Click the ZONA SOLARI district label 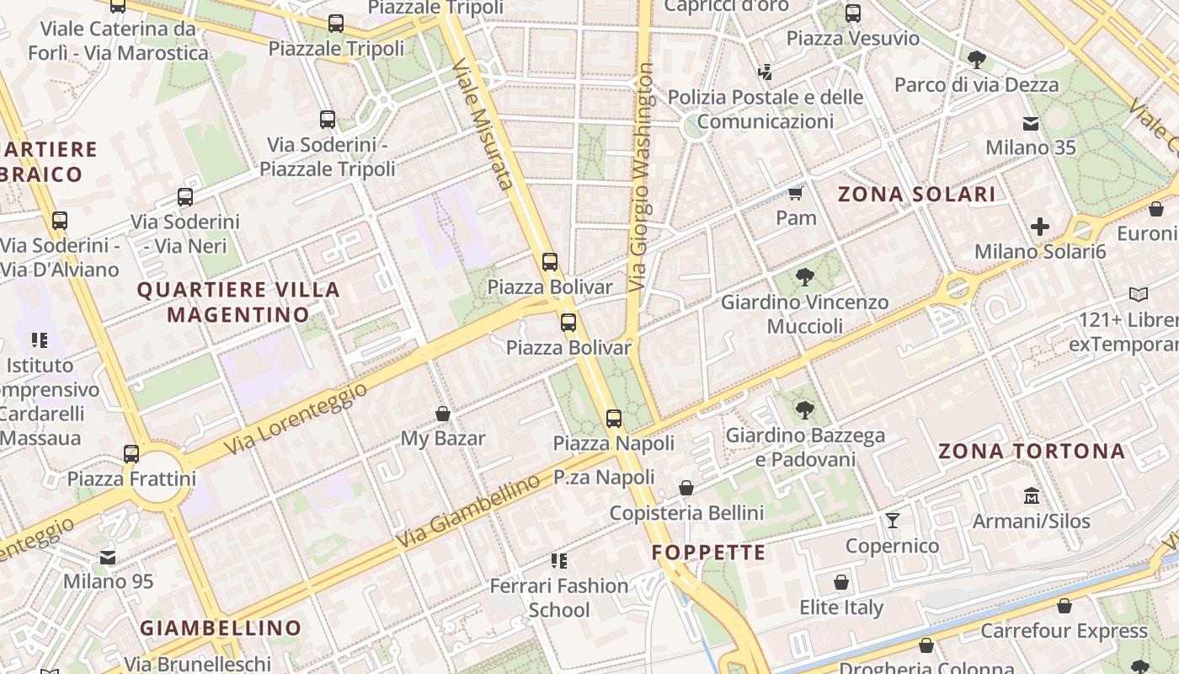click(x=917, y=195)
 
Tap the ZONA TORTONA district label click(x=1032, y=451)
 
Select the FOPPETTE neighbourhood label click(x=709, y=553)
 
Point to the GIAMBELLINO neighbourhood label click(x=220, y=628)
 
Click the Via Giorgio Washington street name click(x=642, y=177)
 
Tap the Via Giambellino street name click(x=468, y=511)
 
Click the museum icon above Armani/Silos click(x=1032, y=495)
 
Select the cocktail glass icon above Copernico click(x=893, y=520)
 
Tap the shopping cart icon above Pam click(x=795, y=194)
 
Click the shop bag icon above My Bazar click(x=443, y=414)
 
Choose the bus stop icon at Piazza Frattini click(x=131, y=453)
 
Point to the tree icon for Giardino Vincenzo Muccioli click(x=805, y=276)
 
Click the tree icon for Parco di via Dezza click(x=977, y=59)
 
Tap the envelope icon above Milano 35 click(x=1031, y=123)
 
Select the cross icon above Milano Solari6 click(x=1040, y=227)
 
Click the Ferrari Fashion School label click(x=559, y=596)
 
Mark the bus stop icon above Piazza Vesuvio click(x=853, y=13)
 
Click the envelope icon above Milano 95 click(x=108, y=557)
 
